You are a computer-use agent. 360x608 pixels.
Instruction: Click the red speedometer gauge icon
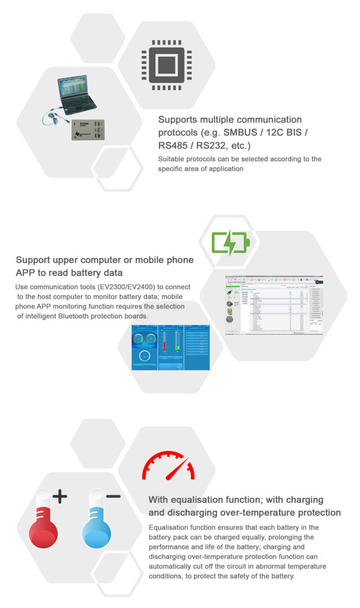pyautogui.click(x=168, y=466)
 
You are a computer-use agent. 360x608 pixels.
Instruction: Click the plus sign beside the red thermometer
pyautogui.click(x=60, y=496)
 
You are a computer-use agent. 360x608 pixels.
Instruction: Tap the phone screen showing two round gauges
pyautogui.click(x=144, y=347)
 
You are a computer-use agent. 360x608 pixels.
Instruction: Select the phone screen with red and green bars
pyautogui.click(x=171, y=347)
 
